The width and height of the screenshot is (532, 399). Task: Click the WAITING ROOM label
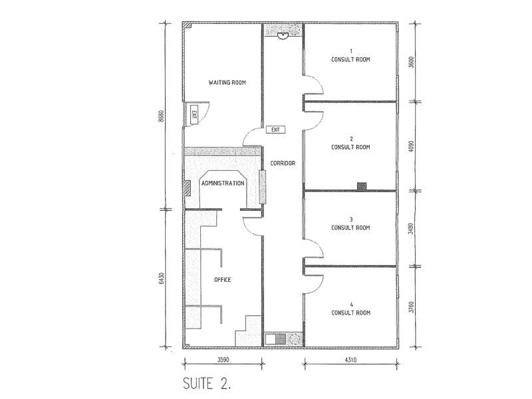(x=227, y=82)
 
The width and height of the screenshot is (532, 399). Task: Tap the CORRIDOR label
(x=283, y=163)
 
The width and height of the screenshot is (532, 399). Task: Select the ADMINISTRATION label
(x=223, y=184)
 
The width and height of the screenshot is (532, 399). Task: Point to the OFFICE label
(x=223, y=279)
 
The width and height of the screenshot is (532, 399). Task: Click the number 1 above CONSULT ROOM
(x=351, y=51)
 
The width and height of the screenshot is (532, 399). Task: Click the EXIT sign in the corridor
(x=275, y=130)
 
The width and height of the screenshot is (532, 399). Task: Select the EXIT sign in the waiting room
(x=194, y=115)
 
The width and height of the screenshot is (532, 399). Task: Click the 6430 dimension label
(x=162, y=278)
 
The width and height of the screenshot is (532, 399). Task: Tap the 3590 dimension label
(x=223, y=360)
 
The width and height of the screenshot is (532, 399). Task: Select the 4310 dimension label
(x=350, y=360)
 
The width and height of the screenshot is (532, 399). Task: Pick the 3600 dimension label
(x=412, y=62)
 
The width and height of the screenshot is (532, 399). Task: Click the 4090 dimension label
(x=412, y=146)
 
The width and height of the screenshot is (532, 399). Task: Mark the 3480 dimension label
(x=411, y=228)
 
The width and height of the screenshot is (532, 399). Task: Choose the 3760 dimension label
(x=412, y=307)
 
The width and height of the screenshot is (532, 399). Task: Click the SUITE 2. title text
(x=207, y=384)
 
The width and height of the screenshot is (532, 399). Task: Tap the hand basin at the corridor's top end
(x=282, y=35)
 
